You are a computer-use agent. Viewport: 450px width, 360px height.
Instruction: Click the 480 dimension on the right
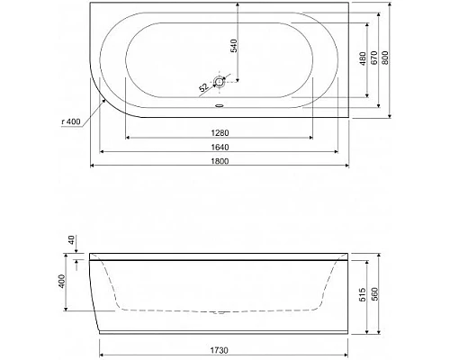(x=362, y=60)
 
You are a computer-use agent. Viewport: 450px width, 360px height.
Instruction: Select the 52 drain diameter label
(x=203, y=86)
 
